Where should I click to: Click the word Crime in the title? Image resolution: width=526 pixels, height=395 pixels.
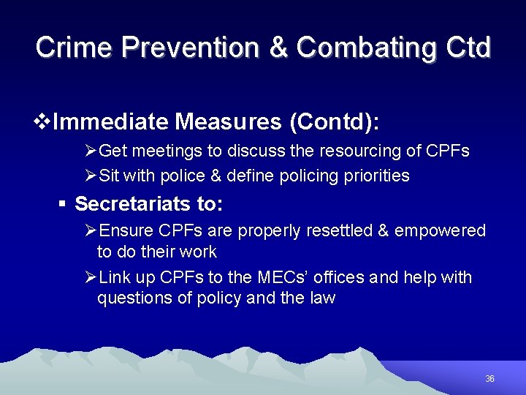coord(73,48)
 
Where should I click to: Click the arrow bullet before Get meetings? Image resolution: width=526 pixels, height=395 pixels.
coord(91,151)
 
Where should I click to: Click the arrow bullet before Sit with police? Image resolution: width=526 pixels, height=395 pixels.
coord(91,176)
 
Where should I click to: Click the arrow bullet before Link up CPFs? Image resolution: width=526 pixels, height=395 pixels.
coord(91,278)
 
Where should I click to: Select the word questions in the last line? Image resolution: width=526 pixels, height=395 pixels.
coord(132,298)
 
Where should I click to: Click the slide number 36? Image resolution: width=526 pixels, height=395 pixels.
coord(489,379)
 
